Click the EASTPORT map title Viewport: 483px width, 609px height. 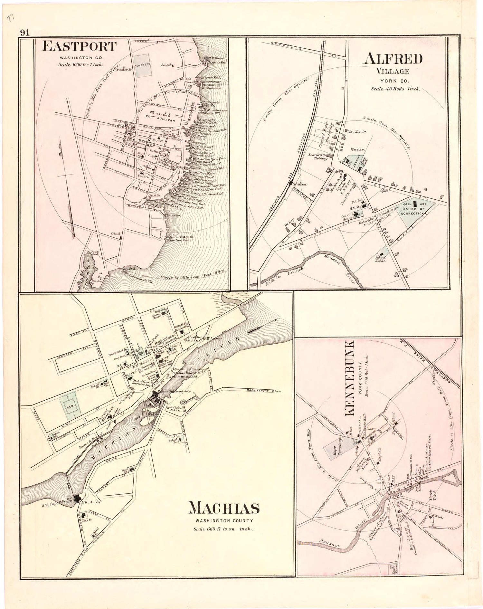[79, 47]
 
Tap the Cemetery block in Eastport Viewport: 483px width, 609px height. [143, 65]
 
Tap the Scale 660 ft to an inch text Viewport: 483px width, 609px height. [224, 529]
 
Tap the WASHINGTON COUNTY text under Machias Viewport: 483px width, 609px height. [224, 520]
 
